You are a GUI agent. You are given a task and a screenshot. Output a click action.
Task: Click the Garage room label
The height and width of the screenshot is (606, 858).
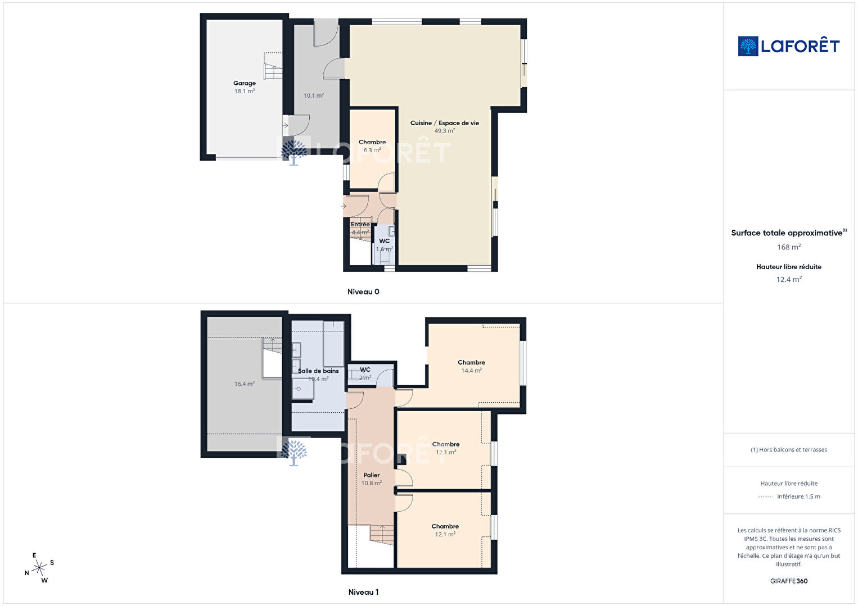(x=245, y=83)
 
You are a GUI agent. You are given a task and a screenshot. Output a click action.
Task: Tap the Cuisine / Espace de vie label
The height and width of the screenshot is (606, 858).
(x=444, y=123)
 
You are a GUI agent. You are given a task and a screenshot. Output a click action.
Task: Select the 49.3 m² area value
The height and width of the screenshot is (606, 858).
(x=444, y=131)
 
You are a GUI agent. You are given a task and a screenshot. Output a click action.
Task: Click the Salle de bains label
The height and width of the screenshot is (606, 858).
(x=318, y=371)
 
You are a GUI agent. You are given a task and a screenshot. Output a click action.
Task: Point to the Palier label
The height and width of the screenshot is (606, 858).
(x=371, y=475)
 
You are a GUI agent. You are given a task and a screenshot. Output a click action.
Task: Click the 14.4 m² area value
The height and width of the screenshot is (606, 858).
(x=471, y=370)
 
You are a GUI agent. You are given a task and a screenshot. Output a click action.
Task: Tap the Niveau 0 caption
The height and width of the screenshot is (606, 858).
(x=363, y=291)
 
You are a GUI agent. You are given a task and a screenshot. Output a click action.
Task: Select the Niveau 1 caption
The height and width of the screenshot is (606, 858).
(x=363, y=592)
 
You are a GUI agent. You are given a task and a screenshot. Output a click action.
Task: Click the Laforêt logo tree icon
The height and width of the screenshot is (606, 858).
(x=748, y=46)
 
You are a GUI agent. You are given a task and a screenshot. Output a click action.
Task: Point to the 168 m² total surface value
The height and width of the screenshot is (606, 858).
(x=789, y=247)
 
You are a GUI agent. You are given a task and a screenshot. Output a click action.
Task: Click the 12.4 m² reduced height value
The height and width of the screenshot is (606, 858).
(x=789, y=279)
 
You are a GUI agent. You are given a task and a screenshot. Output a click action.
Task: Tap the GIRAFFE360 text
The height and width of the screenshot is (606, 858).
(x=789, y=581)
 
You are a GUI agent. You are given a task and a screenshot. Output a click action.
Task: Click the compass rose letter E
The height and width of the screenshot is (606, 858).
(x=34, y=555)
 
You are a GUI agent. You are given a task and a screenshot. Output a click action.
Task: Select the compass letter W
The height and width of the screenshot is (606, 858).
(x=44, y=580)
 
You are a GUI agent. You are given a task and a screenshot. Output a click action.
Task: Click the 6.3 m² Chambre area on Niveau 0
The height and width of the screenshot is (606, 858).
(x=372, y=150)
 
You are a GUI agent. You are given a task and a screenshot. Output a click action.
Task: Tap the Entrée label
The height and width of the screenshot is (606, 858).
(x=360, y=224)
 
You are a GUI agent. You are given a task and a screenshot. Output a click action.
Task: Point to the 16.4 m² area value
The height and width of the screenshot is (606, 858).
(x=245, y=384)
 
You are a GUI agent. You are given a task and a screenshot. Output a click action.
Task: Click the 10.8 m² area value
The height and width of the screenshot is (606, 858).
(x=371, y=483)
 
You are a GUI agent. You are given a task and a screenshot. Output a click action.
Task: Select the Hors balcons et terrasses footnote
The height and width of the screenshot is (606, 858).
(x=789, y=449)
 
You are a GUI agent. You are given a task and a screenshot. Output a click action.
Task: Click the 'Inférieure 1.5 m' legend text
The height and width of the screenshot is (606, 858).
(x=798, y=496)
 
